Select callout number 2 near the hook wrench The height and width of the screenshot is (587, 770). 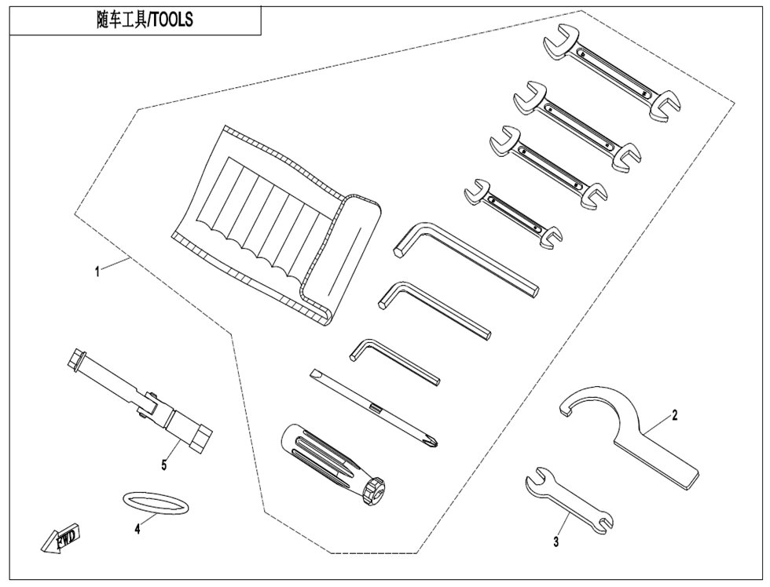coord(674,415)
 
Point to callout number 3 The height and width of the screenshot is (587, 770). coord(556,542)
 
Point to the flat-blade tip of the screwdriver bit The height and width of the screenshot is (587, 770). coord(314,374)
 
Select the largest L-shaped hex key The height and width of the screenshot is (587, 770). coord(466,258)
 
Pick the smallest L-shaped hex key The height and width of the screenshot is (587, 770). coord(394,361)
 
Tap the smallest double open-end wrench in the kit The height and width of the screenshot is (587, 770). coord(512,213)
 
